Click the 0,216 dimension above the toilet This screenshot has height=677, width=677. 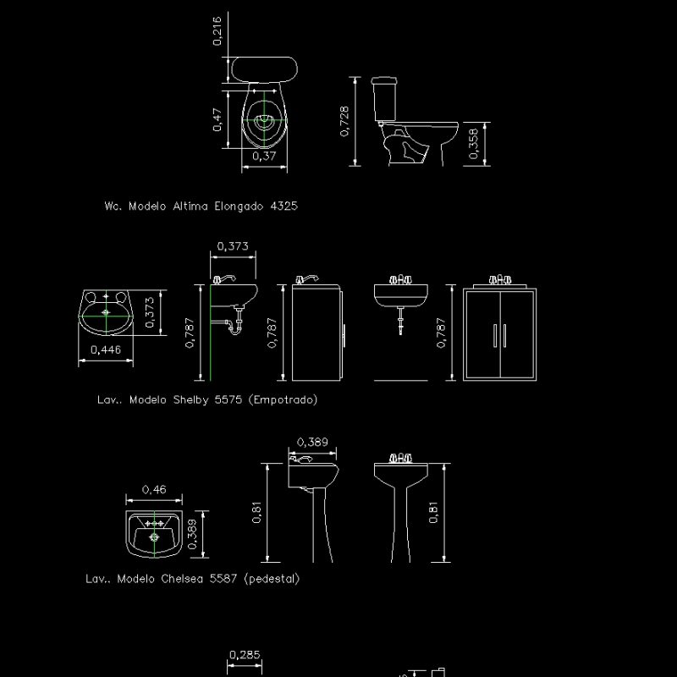click(x=216, y=30)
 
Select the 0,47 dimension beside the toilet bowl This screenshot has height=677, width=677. click(x=217, y=119)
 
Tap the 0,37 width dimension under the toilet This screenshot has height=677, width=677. click(x=264, y=156)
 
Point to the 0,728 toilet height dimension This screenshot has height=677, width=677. click(x=344, y=122)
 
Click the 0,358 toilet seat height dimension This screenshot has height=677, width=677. click(x=474, y=143)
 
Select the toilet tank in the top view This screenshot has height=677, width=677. click(x=265, y=68)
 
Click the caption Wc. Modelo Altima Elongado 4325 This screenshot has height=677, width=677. click(x=201, y=206)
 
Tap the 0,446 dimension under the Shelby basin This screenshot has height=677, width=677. click(x=105, y=350)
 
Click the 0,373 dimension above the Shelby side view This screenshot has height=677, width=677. click(x=233, y=246)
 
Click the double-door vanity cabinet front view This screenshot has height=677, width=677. click(x=499, y=334)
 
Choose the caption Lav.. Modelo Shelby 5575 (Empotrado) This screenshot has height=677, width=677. click(x=207, y=399)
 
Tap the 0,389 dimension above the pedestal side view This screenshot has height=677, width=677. click(x=313, y=442)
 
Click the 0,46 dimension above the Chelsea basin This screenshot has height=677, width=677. click(x=153, y=489)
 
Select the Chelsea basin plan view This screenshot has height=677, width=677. click(x=153, y=534)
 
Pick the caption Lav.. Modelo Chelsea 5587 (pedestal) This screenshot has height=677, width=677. click(x=192, y=579)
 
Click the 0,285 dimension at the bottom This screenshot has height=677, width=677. click(x=245, y=654)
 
